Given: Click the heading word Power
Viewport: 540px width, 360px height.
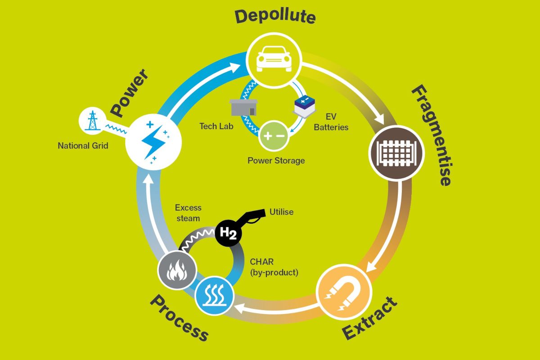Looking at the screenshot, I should tap(130, 92).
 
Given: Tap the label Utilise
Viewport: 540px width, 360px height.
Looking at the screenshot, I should tap(281, 211).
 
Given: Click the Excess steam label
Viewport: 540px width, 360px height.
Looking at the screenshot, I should tap(188, 212).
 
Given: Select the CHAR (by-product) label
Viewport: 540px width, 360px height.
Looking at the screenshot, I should tap(274, 267).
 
